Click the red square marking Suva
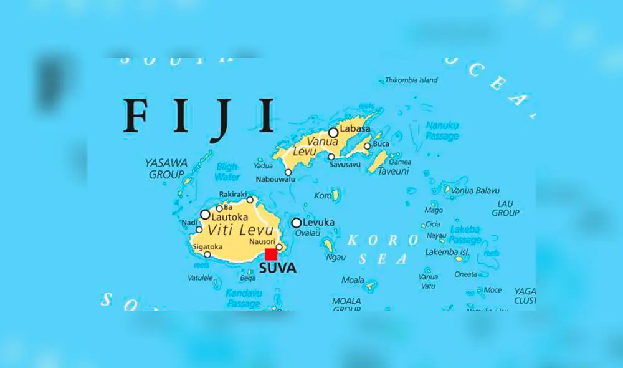[x=271, y=254]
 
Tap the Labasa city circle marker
[x=333, y=132]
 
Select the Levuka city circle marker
[x=297, y=223]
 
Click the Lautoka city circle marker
[x=205, y=215]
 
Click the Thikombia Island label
[x=411, y=80]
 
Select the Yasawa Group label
[x=166, y=168]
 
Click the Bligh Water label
[x=227, y=172]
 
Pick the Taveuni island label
[x=394, y=171]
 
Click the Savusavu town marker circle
[x=331, y=157]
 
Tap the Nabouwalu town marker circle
[x=288, y=172]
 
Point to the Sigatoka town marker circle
[x=207, y=254]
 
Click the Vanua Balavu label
[x=475, y=190]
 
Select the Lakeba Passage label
[x=465, y=235]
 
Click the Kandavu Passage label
[x=243, y=298]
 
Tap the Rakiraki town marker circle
[x=250, y=200]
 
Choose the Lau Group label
[x=505, y=208]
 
